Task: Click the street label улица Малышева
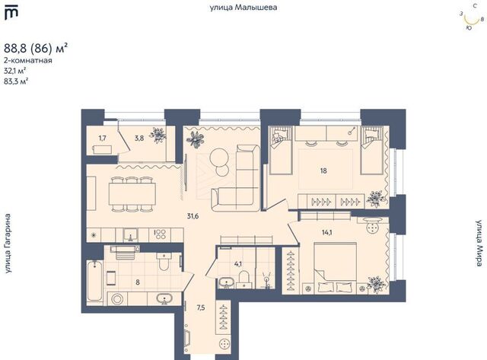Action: click(243, 8)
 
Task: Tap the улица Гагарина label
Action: click(8, 244)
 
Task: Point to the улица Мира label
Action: click(480, 244)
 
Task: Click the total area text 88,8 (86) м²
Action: click(36, 49)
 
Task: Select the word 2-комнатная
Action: click(28, 60)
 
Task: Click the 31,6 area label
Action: click(193, 216)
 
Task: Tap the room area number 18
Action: click(323, 170)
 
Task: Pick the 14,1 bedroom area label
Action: click(326, 232)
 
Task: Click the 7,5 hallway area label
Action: click(201, 307)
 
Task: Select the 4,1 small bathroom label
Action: click(238, 264)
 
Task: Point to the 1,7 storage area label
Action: click(103, 138)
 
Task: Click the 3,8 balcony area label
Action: click(139, 139)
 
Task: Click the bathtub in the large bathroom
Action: click(94, 281)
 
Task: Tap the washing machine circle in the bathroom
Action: click(117, 299)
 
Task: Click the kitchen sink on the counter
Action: click(130, 235)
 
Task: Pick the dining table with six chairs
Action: click(132, 194)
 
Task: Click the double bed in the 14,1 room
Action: click(336, 268)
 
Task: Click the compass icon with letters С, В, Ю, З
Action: click(472, 18)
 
